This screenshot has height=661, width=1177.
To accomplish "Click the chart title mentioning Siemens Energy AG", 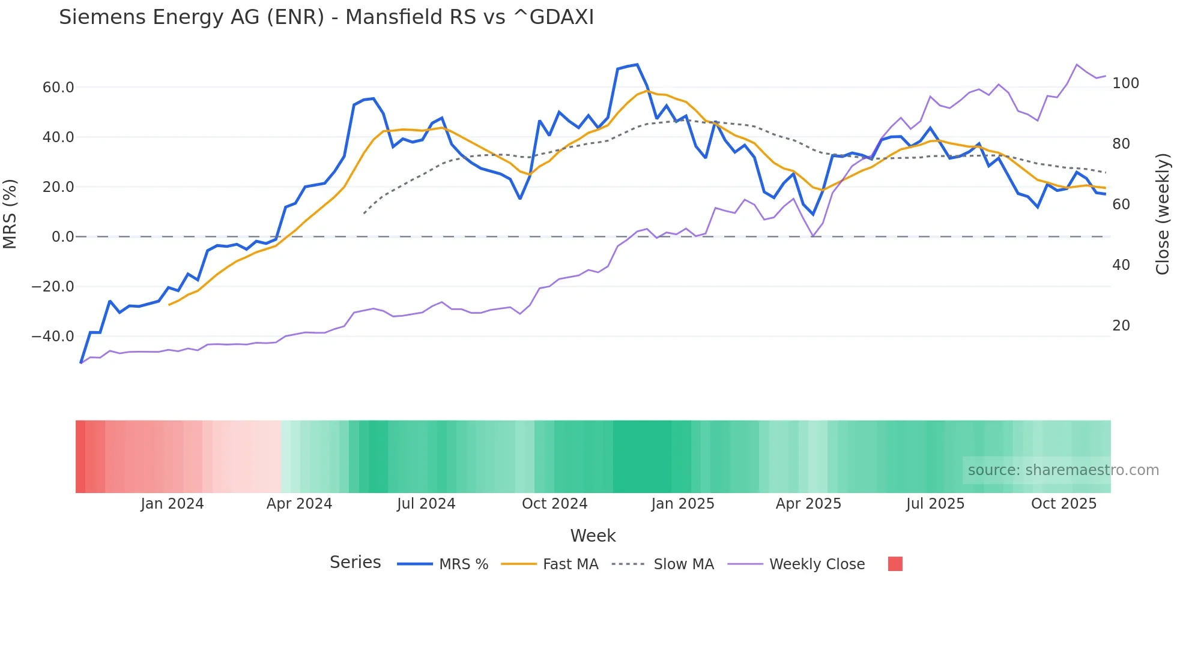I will [326, 17].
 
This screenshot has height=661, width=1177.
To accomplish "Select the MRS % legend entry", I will [463, 564].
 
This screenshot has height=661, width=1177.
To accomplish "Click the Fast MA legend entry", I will [570, 564].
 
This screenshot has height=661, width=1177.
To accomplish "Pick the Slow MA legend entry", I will [683, 564].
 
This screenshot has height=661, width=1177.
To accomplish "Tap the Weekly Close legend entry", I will [817, 564].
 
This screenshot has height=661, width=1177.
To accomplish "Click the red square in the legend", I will [895, 564].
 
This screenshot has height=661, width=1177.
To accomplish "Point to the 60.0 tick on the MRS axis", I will [58, 88].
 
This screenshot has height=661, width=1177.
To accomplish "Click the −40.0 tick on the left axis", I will [53, 336].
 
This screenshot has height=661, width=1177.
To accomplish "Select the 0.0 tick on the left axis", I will [62, 237].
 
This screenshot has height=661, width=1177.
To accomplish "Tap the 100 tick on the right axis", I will [1125, 83].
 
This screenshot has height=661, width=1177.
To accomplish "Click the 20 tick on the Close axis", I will [1121, 326].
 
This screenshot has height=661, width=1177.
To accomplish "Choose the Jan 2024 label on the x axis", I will [172, 504].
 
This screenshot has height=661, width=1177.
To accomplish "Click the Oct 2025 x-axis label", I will [1064, 504].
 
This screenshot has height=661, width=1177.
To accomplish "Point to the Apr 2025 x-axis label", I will [808, 504].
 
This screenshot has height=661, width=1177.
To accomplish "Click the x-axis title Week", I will [593, 536].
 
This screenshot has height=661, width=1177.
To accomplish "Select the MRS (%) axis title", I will [10, 214].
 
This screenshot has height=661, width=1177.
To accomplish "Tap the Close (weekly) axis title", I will [1163, 214].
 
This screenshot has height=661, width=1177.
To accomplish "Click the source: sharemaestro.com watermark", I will [1063, 470].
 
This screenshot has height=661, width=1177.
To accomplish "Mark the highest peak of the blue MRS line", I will [637, 65].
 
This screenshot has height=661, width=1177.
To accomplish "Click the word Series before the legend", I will [355, 563].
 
